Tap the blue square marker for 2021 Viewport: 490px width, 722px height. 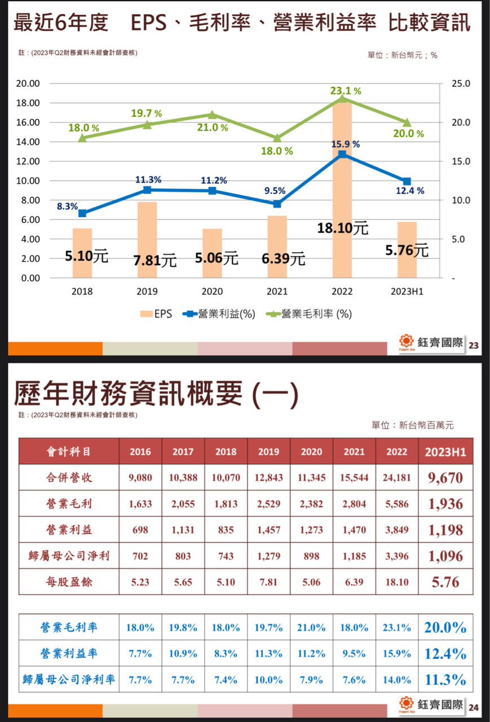pyautogui.click(x=277, y=204)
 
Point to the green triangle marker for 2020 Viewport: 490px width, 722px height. pyautogui.click(x=212, y=115)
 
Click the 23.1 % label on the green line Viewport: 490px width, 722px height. pyautogui.click(x=346, y=90)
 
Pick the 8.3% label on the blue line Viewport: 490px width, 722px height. pyautogui.click(x=67, y=206)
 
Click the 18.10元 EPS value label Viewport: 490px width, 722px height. pyautogui.click(x=342, y=228)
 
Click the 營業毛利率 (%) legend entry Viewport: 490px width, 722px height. pyautogui.click(x=310, y=314)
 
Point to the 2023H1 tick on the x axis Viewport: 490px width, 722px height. pyautogui.click(x=407, y=292)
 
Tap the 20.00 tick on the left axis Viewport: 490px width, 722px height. pyautogui.click(x=28, y=83)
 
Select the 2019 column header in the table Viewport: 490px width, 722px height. pyautogui.click(x=268, y=451)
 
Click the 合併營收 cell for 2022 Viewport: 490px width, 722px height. pyautogui.click(x=397, y=477)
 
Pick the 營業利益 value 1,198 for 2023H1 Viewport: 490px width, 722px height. pyautogui.click(x=445, y=530)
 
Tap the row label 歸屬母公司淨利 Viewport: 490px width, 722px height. pyautogui.click(x=69, y=556)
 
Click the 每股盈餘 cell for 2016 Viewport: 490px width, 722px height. pyautogui.click(x=140, y=582)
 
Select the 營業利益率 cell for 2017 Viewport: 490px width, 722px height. pyautogui.click(x=183, y=653)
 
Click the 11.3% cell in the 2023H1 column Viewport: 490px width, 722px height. pyautogui.click(x=445, y=679)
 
